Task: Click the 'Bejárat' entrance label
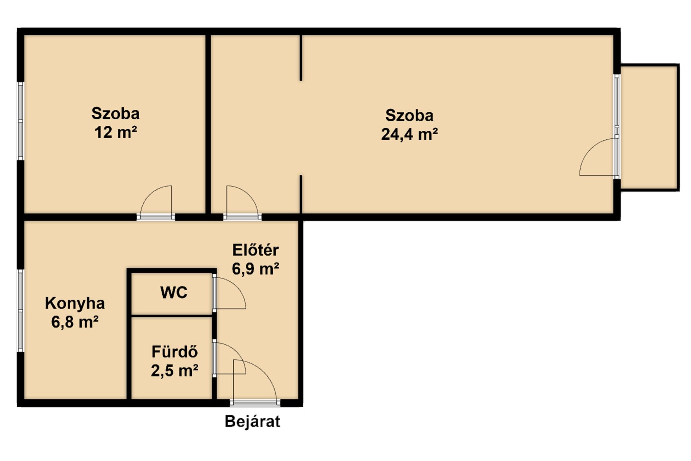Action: (252, 421)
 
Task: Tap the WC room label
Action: (174, 292)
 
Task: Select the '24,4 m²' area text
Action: (410, 135)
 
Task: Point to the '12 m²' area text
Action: (116, 133)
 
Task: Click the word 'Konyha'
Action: (75, 303)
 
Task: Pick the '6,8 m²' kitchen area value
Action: (75, 322)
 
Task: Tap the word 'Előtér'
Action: (256, 250)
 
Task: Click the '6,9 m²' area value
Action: (256, 269)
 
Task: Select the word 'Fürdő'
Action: (175, 352)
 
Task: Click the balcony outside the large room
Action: (650, 127)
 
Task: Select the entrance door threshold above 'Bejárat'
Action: (255, 403)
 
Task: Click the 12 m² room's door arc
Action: (148, 196)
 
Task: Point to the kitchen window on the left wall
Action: (21, 310)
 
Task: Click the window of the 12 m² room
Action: (21, 121)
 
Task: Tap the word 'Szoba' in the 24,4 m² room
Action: (410, 116)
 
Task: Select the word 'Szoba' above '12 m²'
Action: (116, 113)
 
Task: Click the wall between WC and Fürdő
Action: (172, 316)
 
